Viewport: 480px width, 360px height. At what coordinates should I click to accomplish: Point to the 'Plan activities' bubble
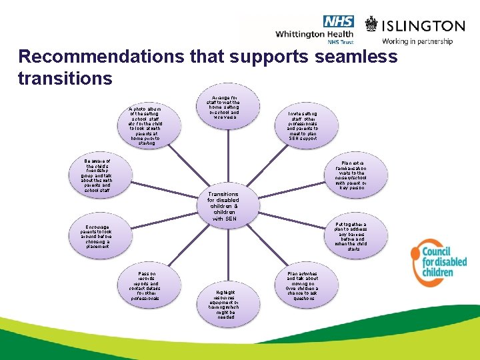click(303, 286)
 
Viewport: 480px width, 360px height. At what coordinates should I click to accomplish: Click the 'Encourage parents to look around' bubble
click(97, 237)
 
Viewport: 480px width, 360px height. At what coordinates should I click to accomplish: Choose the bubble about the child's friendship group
click(97, 176)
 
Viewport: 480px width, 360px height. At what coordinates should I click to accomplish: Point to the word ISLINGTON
click(423, 26)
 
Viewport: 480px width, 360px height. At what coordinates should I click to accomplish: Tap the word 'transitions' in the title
click(65, 78)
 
